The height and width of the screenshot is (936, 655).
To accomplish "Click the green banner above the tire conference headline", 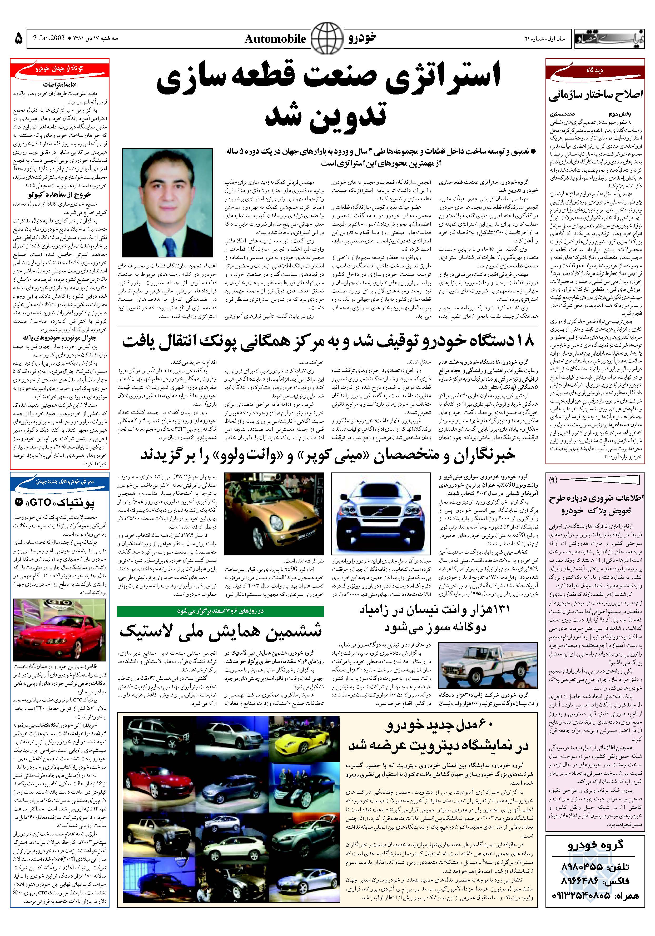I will (220, 611).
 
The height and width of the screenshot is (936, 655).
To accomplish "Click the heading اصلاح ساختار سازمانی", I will (596, 94).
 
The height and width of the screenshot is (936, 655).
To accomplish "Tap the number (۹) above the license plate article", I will (553, 480).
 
